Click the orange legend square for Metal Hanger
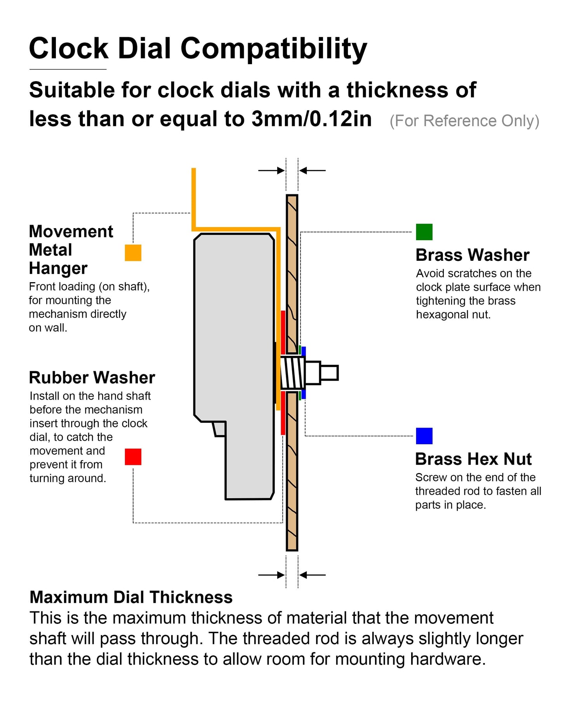[133, 253]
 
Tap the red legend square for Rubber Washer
[133, 457]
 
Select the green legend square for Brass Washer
[424, 232]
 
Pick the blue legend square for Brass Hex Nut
[424, 436]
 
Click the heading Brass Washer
[472, 255]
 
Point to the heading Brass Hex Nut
[473, 459]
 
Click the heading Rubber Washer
[92, 378]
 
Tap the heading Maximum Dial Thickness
[131, 597]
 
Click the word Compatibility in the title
[273, 49]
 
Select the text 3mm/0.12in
[311, 119]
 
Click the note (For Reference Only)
[464, 121]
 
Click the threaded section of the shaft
[292, 373]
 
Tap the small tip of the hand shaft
[329, 373]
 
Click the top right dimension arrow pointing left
[313, 170]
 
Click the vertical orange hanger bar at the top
[194, 198]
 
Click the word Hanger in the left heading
[58, 268]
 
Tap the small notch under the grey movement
[219, 429]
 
